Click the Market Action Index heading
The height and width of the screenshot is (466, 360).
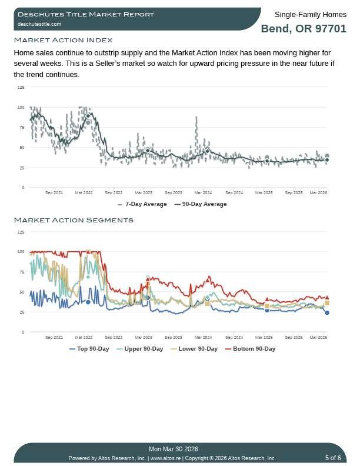point(63,40)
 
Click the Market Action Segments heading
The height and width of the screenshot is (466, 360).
point(74,220)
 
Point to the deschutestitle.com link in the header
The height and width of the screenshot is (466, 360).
point(39,24)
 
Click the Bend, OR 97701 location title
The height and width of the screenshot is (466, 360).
point(304,29)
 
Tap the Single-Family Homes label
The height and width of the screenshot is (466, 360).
point(310,15)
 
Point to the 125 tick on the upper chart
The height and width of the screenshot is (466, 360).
point(21,87)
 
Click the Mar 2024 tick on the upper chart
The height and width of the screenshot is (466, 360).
point(203,192)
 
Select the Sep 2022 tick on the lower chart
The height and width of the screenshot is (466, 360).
point(114,337)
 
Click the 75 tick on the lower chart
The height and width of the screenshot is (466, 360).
point(21,272)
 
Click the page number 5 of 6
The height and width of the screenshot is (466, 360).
point(333,458)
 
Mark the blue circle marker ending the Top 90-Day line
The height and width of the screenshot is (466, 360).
point(327,313)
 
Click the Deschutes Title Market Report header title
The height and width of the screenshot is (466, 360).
point(86,14)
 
